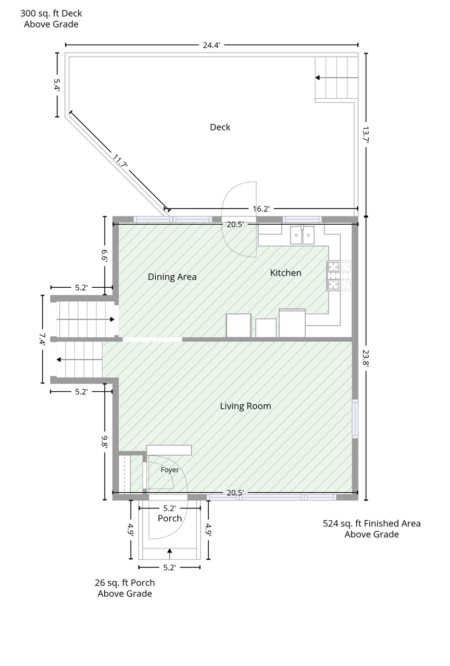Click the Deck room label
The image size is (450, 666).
point(220,127)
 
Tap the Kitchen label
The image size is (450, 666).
point(285,273)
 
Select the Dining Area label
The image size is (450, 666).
point(172,277)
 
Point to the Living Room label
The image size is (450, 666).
point(245,406)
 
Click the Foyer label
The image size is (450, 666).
point(170,470)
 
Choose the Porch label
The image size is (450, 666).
point(170,518)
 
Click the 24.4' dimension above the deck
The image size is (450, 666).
point(211,45)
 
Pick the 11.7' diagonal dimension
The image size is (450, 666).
point(120,161)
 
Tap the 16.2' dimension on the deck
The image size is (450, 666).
point(261,209)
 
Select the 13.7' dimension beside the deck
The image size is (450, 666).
point(366,135)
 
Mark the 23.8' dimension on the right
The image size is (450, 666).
point(366,358)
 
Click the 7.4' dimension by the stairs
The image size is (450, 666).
point(42,339)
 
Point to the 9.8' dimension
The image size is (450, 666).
point(105,442)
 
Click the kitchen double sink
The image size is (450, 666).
point(302,235)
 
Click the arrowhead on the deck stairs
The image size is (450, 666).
point(317,78)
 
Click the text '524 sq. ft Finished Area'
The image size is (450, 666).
point(372,523)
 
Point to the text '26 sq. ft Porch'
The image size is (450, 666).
point(124,582)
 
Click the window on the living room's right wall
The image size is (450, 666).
point(355,419)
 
